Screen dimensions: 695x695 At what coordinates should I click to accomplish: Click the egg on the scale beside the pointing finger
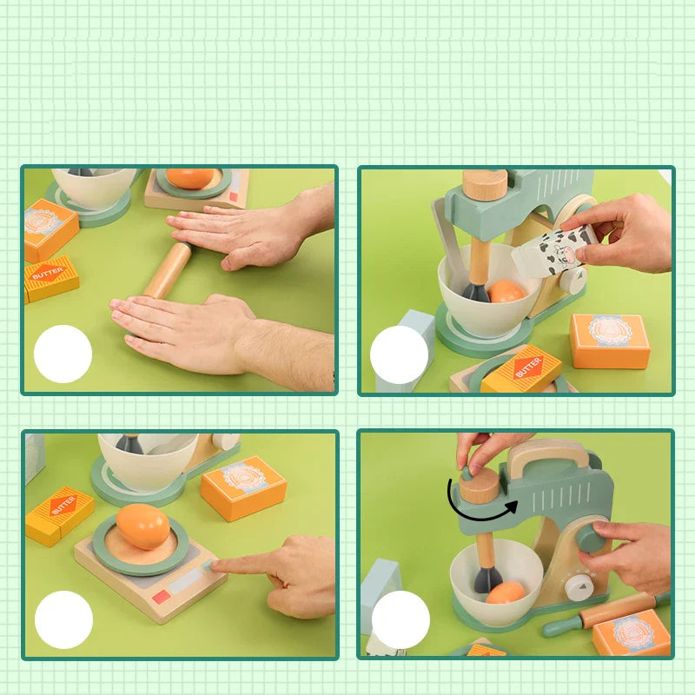[142, 526]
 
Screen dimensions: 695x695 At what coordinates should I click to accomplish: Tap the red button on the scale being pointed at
[162, 597]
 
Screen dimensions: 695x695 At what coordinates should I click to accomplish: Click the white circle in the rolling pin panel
[63, 354]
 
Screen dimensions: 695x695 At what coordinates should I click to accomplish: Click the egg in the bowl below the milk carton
[506, 291]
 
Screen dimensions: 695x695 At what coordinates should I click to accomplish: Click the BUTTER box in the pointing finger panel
[59, 515]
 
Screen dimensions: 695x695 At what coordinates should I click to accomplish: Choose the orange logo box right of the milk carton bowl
[610, 340]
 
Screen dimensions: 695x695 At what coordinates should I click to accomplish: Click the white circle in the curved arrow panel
[400, 619]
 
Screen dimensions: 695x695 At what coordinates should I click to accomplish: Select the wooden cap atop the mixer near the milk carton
[484, 184]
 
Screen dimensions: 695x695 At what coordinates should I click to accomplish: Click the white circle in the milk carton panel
[399, 354]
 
